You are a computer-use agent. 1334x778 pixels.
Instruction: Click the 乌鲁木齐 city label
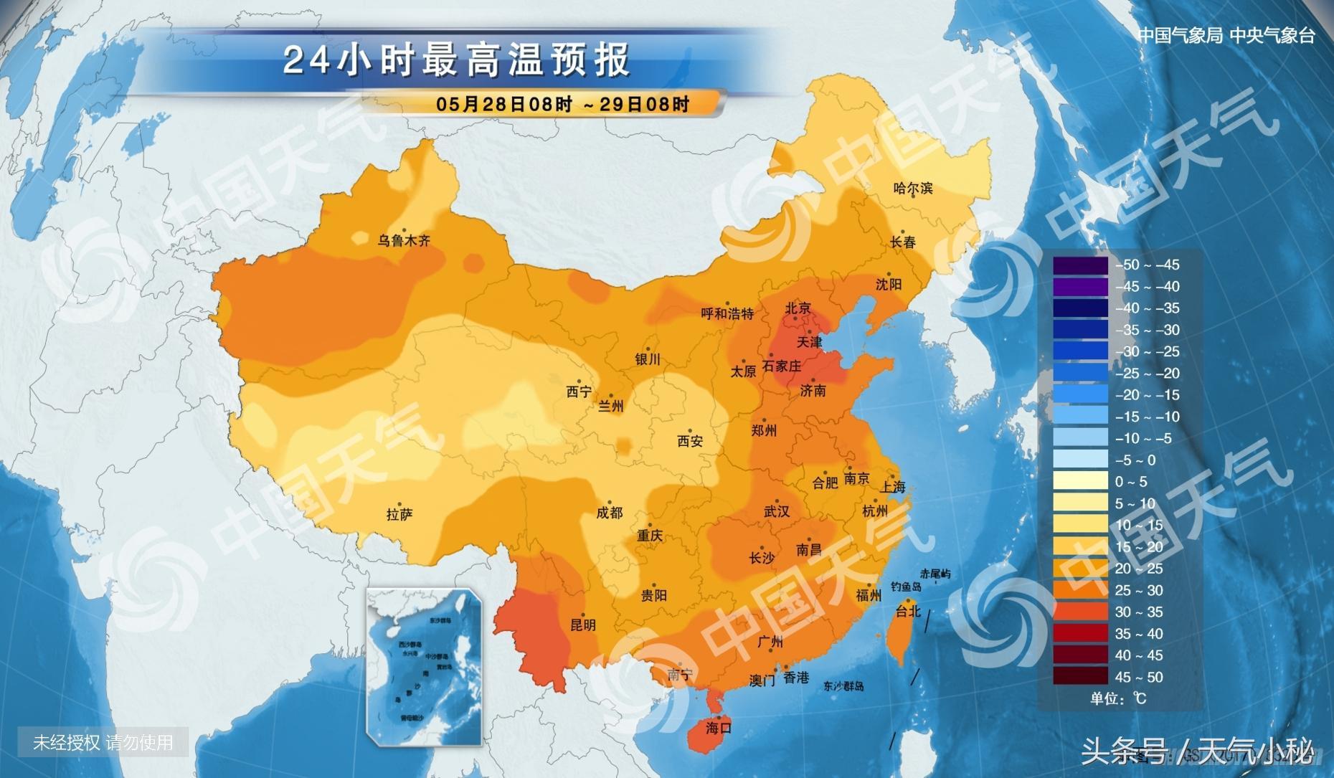point(404,241)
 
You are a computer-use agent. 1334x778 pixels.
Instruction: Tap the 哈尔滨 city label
point(913,189)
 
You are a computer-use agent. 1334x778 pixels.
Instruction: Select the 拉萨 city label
point(399,514)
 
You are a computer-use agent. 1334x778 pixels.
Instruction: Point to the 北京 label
point(798,308)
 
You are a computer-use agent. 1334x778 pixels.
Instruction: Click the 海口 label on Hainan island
point(718,728)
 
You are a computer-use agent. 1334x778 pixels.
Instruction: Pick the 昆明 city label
point(582,625)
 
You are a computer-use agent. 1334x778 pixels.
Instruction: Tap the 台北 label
point(908,611)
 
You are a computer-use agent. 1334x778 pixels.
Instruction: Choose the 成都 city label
point(610,513)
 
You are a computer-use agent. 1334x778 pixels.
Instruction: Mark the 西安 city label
point(690,442)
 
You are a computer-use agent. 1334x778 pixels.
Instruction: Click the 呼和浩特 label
point(727,313)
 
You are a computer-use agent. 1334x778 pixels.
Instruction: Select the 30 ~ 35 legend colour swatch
point(1080,612)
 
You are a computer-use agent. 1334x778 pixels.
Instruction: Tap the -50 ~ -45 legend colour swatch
point(1080,265)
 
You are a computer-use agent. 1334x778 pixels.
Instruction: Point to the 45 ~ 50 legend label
point(1138,677)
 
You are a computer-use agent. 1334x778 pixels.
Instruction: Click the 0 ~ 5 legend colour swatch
point(1080,481)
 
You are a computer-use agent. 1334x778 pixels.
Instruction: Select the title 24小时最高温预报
point(456,60)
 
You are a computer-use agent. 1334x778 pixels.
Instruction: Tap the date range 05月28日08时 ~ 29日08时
point(562,104)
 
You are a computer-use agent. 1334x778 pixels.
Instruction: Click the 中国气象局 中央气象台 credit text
point(1226,36)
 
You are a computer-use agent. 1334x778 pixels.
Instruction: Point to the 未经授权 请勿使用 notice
point(103,742)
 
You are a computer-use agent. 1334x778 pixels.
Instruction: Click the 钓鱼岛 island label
point(905,587)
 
